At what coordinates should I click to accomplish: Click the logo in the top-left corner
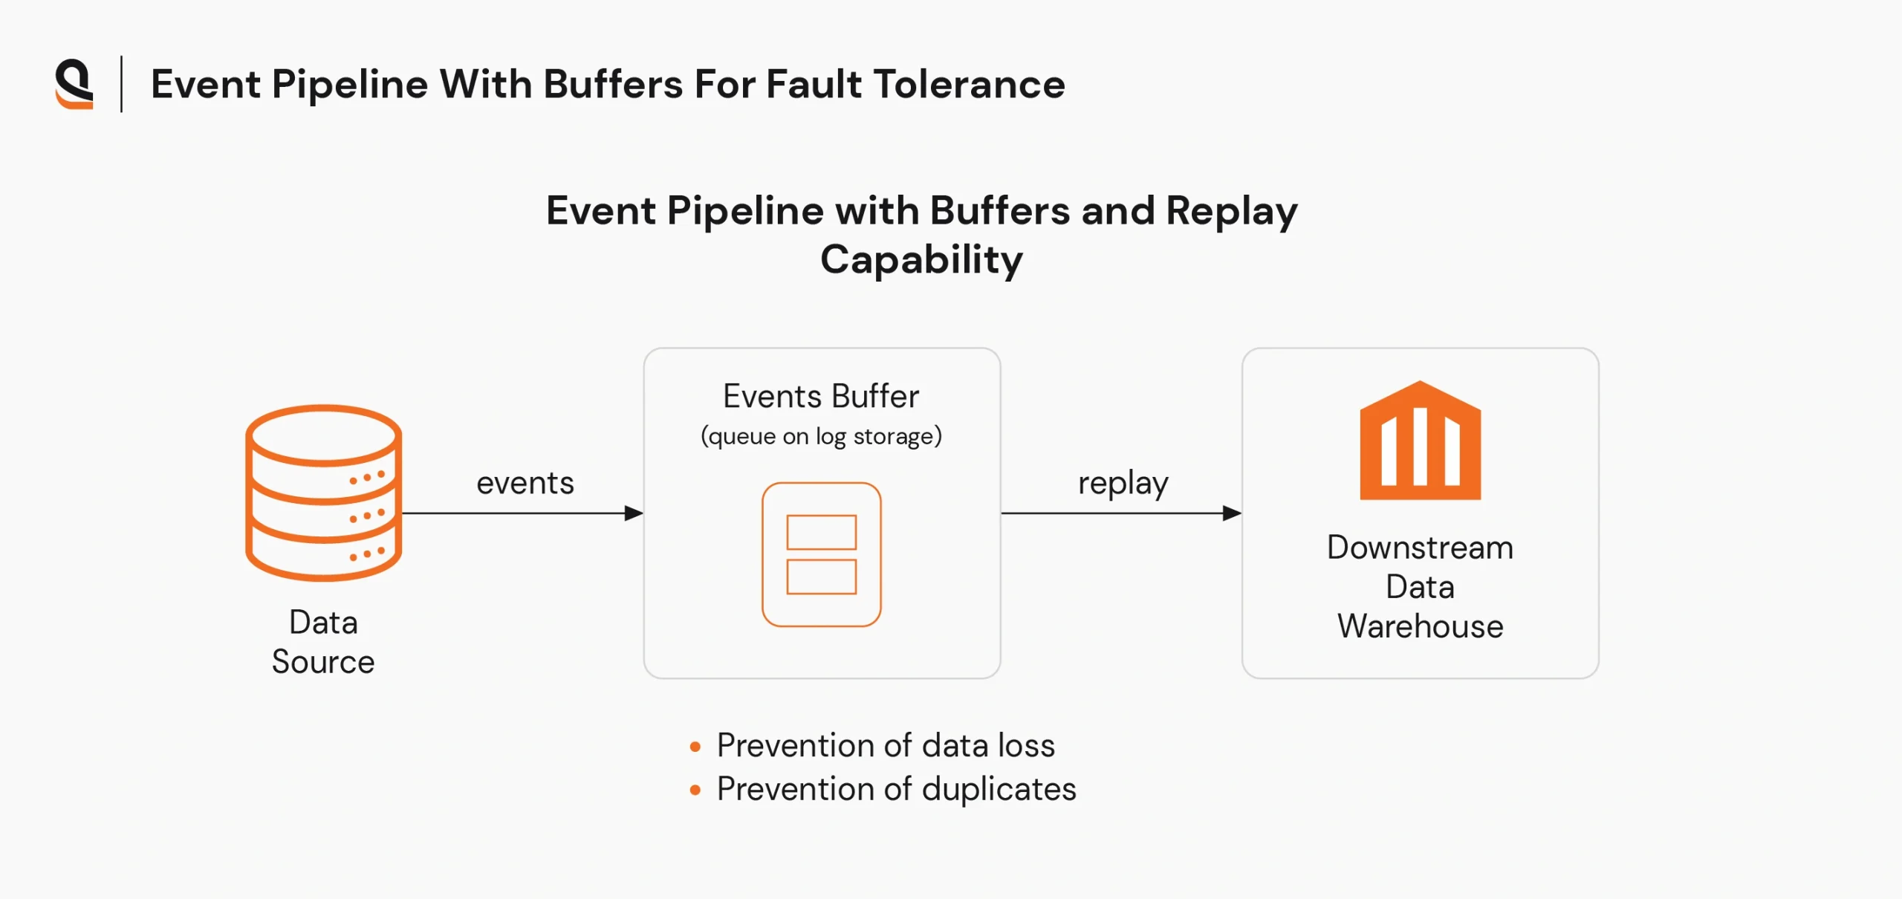click(74, 84)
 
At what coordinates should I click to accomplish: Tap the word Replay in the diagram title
click(1231, 211)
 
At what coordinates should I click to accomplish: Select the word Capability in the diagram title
click(921, 260)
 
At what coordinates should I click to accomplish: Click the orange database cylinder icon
click(323, 492)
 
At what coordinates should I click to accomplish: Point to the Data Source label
click(323, 642)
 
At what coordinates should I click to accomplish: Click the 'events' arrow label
click(525, 483)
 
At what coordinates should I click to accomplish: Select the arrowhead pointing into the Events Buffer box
click(634, 513)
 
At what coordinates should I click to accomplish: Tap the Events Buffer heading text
click(821, 397)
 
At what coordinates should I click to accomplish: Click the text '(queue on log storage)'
click(821, 436)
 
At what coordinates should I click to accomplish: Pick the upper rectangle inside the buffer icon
click(821, 532)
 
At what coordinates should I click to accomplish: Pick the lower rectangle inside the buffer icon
click(821, 577)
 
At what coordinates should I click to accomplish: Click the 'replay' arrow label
click(1123, 483)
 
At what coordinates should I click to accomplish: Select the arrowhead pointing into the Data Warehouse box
click(1232, 513)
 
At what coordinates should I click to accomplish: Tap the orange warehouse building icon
click(1420, 441)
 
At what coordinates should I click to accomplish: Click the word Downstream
click(1420, 548)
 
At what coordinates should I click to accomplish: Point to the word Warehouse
click(1420, 626)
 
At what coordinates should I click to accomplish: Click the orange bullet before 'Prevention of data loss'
click(695, 747)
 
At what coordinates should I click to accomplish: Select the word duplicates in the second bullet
click(999, 789)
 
